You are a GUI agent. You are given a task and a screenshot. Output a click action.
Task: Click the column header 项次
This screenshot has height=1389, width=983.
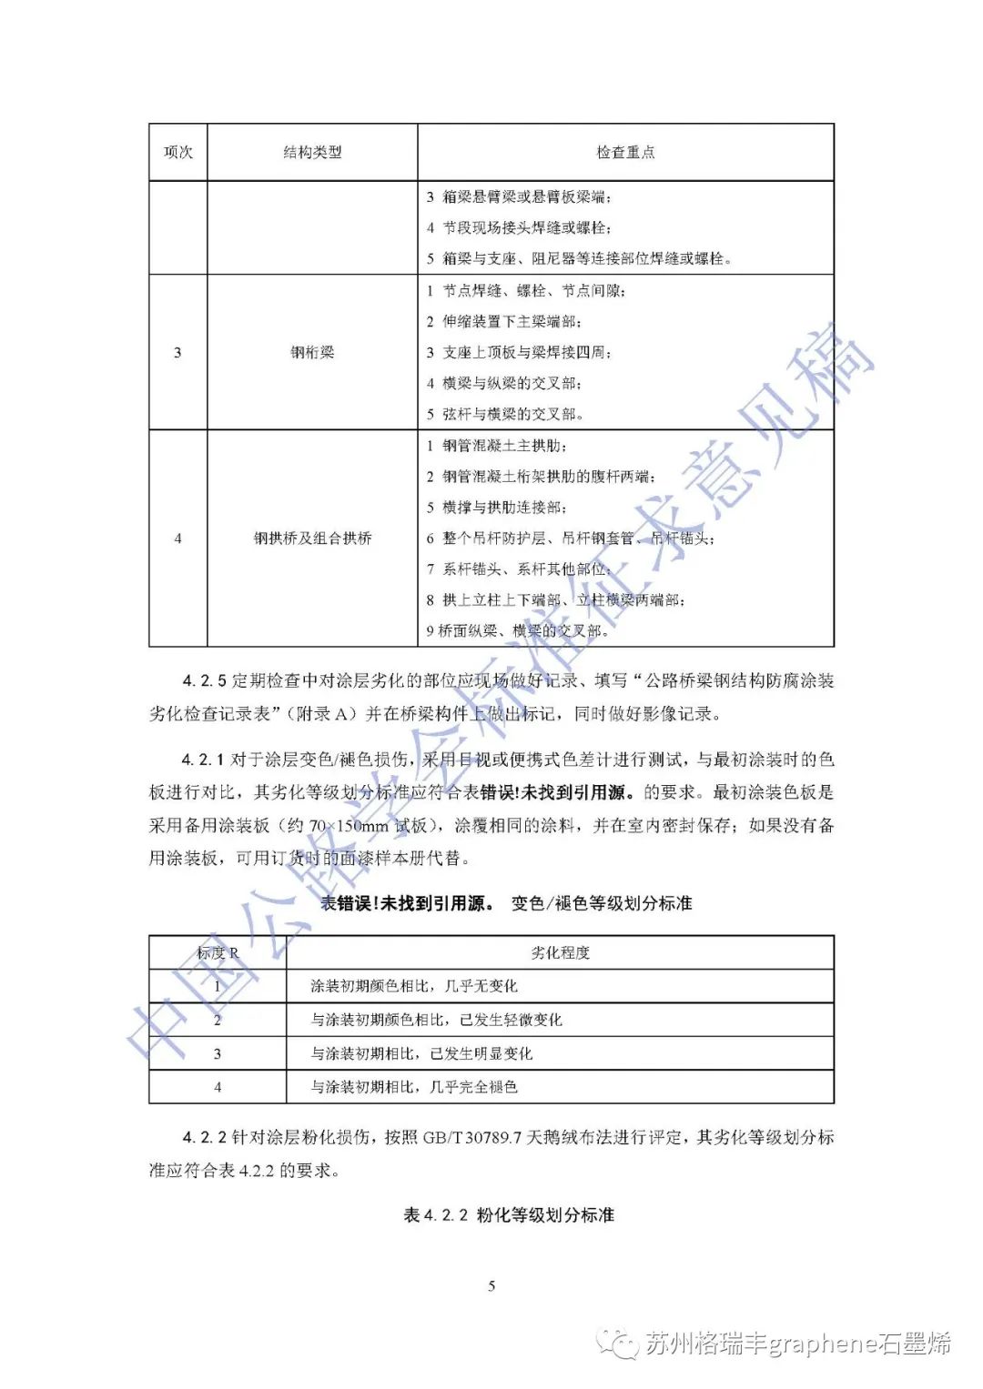177,153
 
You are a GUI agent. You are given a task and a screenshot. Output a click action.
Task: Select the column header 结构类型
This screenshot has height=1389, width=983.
312,153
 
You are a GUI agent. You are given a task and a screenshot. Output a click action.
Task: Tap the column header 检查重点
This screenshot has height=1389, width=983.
625,153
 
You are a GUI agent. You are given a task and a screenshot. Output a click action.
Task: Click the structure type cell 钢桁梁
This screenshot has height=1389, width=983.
312,352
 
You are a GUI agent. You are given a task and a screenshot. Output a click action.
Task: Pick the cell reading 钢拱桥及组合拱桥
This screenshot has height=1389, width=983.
312,538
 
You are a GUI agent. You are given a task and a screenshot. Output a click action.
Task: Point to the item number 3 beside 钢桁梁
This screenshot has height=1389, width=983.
177,352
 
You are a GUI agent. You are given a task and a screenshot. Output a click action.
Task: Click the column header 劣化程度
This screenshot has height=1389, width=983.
560,953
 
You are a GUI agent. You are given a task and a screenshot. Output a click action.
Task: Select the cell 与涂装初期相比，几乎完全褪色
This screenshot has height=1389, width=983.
414,1087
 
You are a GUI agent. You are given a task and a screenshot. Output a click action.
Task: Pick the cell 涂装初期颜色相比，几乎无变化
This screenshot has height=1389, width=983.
414,986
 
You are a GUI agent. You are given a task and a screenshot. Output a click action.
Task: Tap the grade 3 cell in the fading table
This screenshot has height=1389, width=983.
218,1053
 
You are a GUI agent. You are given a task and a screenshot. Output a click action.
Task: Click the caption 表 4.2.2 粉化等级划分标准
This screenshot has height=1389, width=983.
509,1215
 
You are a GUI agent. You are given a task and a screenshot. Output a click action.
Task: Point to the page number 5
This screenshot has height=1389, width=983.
491,1286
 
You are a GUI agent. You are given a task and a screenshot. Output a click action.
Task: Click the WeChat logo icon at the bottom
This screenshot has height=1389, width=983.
622,1344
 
